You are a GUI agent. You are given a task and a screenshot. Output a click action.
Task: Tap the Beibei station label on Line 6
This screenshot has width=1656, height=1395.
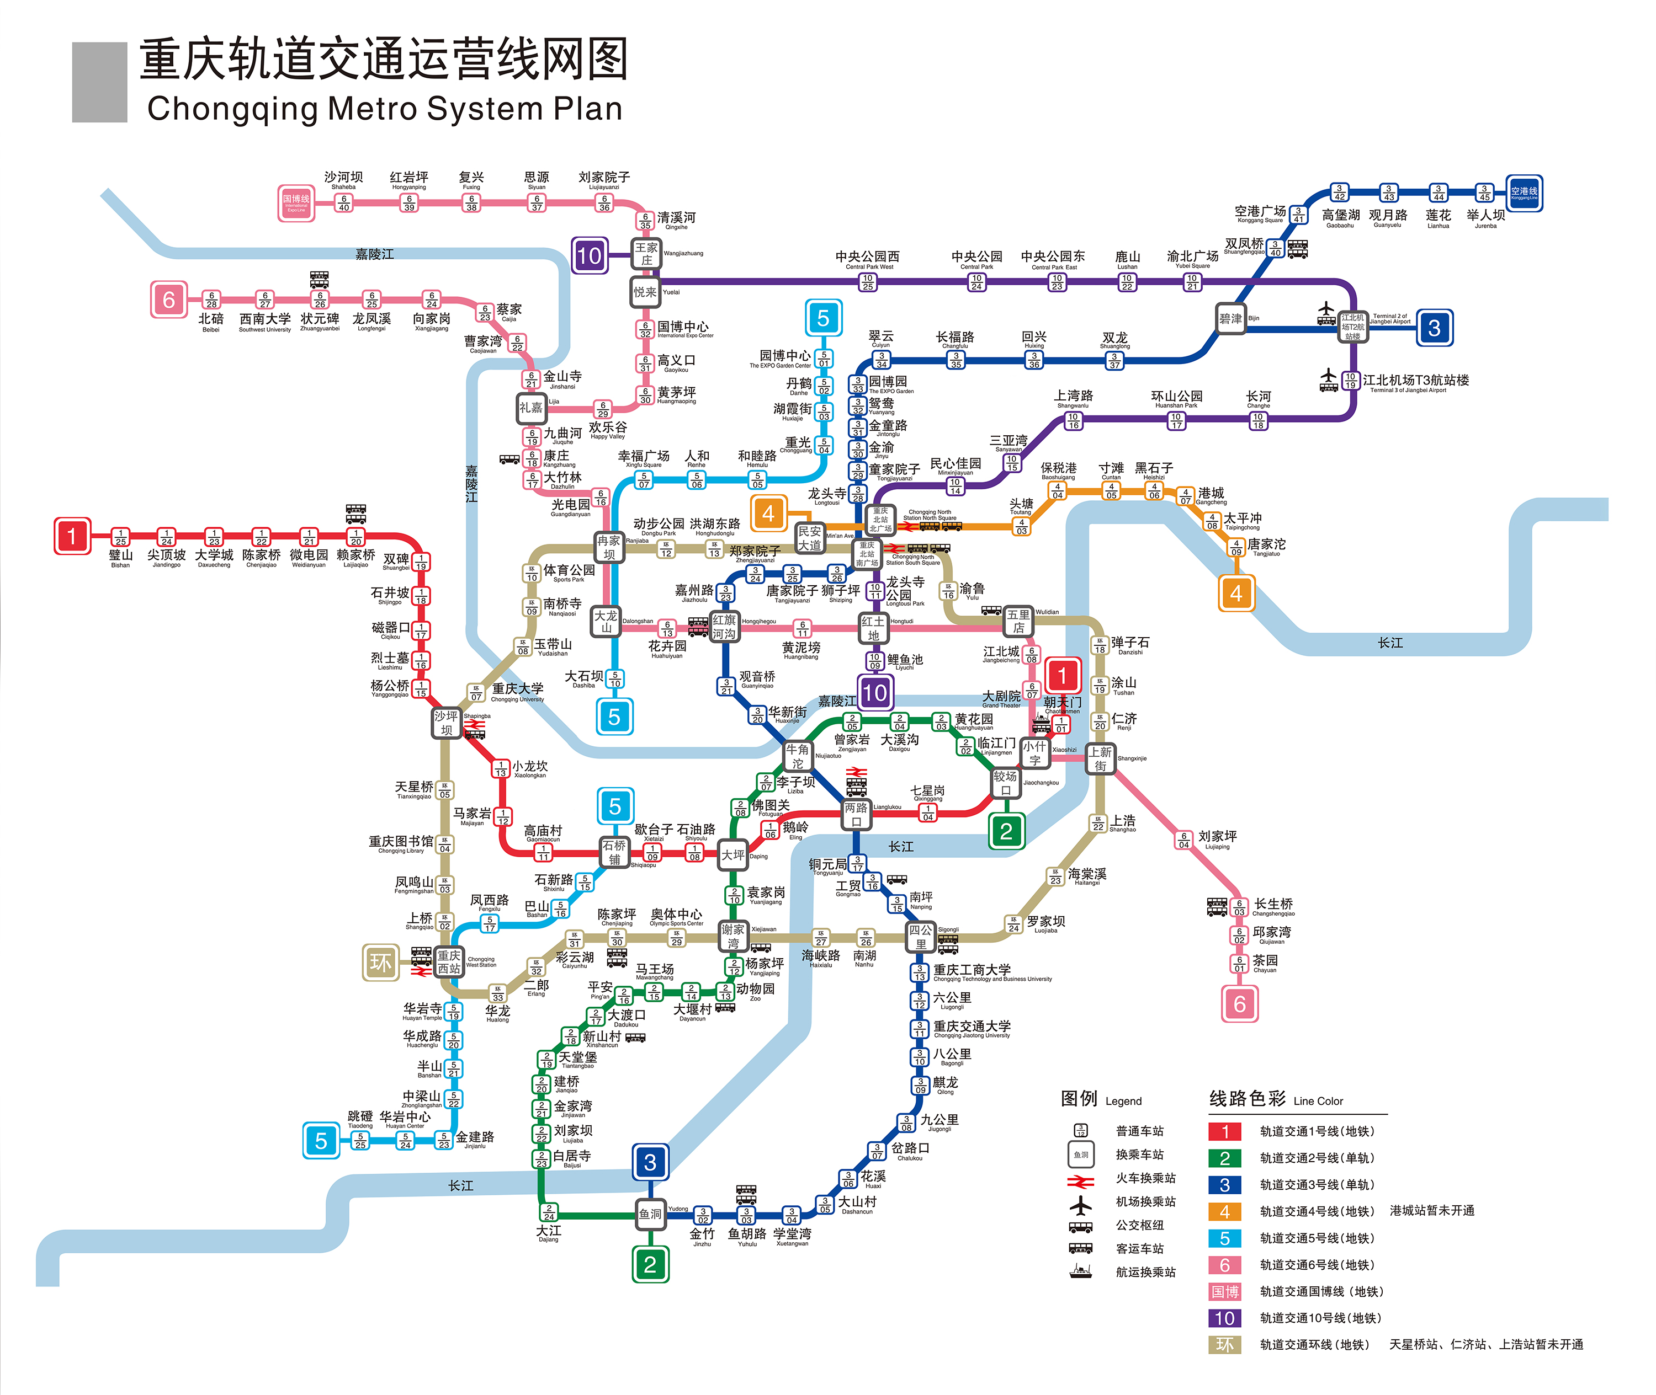(x=210, y=319)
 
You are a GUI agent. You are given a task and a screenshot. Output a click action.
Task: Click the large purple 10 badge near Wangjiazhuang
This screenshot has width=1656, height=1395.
(x=590, y=255)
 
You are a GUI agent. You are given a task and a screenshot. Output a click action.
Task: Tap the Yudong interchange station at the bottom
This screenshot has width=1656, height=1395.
(x=650, y=1214)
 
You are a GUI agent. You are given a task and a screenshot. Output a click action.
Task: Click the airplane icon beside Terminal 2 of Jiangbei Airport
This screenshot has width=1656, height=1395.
(x=1326, y=312)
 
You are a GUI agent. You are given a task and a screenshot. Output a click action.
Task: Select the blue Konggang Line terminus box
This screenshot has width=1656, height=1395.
(x=1523, y=193)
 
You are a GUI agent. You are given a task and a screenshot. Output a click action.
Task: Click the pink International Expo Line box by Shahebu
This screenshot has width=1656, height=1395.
(x=296, y=203)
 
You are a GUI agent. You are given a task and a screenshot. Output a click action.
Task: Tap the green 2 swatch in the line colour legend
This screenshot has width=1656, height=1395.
(x=1224, y=1158)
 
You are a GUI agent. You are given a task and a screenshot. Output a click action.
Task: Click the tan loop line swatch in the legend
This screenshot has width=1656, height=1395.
(x=1224, y=1344)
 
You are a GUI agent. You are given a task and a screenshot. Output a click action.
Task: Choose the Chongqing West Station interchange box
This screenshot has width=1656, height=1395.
(x=449, y=961)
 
